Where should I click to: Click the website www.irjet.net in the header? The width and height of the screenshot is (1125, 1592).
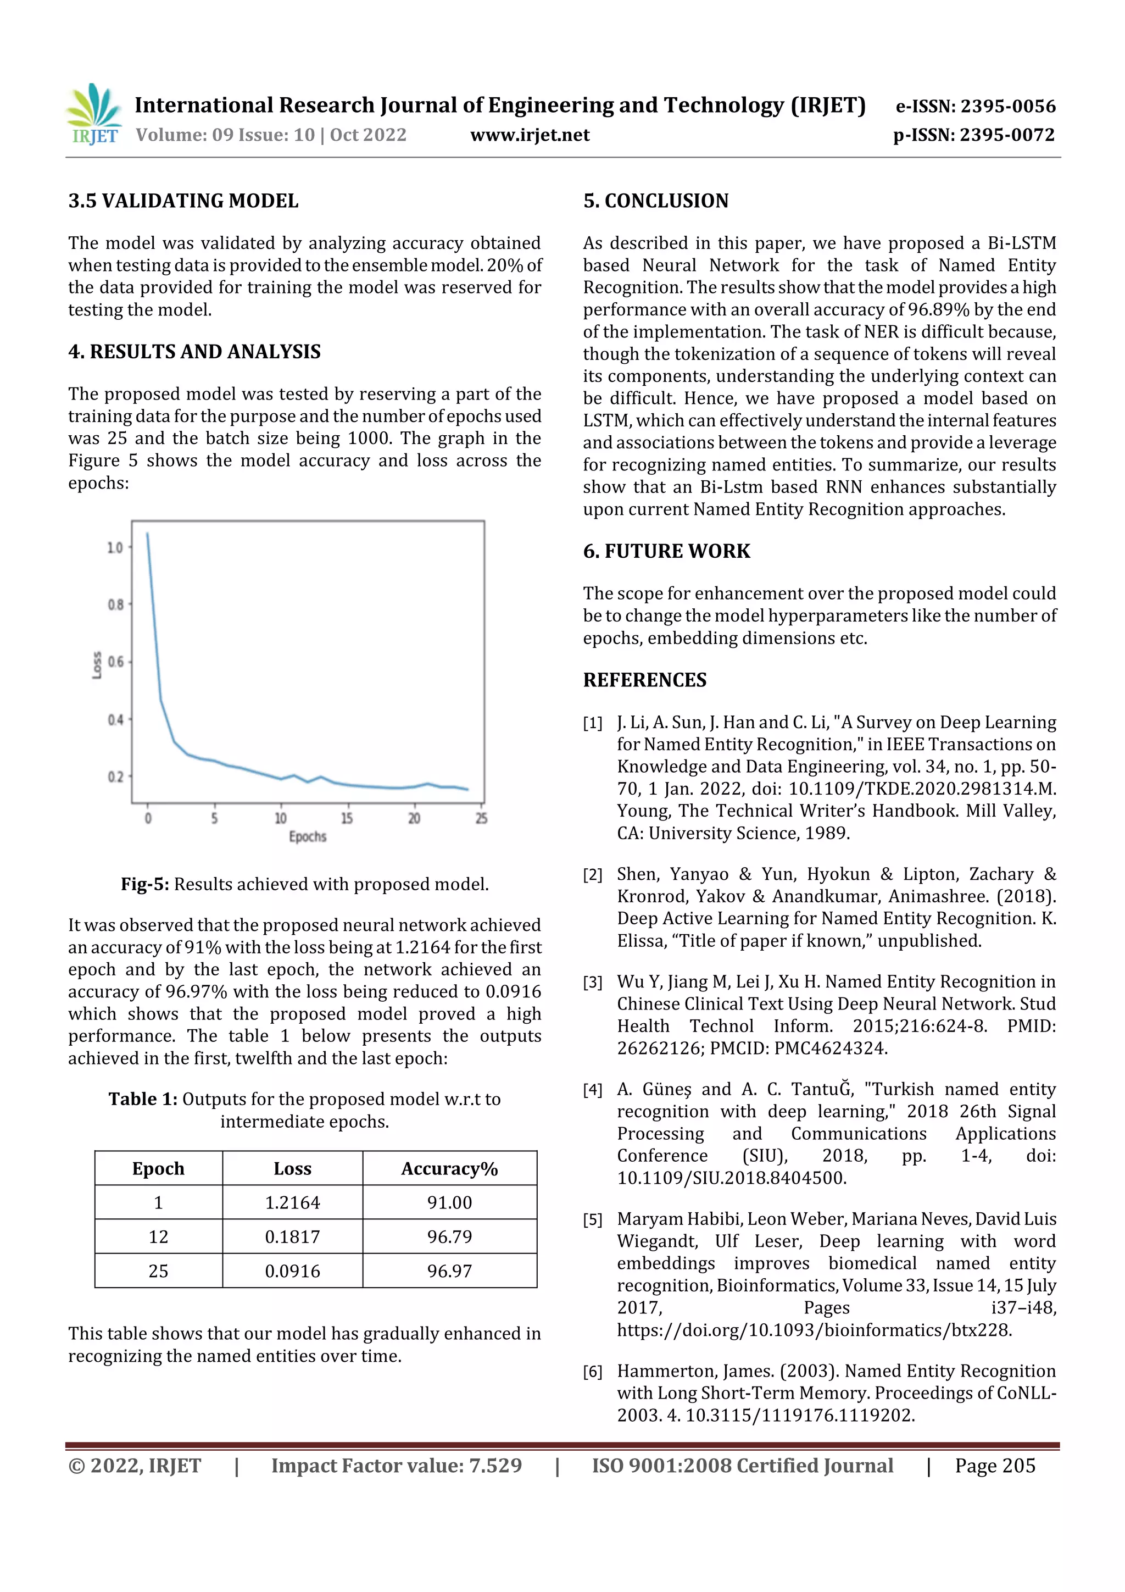click(x=530, y=135)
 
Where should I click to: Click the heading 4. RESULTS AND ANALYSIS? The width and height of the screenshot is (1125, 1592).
click(x=194, y=352)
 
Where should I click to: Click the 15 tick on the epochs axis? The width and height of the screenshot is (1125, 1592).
click(x=347, y=818)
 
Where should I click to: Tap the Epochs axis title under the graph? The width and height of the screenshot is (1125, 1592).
click(x=307, y=836)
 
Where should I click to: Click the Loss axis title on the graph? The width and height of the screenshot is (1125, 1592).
click(x=97, y=665)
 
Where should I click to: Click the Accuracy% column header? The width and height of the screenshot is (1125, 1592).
click(x=449, y=1169)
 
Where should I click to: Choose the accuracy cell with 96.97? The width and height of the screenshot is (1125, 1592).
click(x=449, y=1271)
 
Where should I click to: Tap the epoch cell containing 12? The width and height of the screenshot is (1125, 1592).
click(x=158, y=1237)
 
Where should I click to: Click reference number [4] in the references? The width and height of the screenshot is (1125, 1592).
click(x=592, y=1090)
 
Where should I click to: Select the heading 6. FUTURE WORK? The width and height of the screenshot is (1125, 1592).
click(x=666, y=551)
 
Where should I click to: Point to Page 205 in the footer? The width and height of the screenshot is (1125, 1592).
click(x=995, y=1466)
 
